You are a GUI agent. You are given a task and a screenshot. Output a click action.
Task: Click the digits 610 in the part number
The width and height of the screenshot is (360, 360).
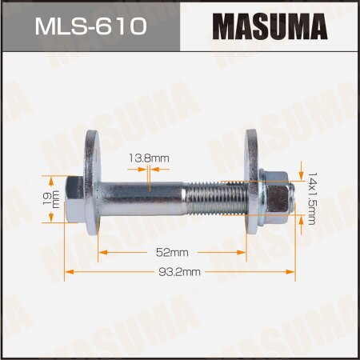click(x=124, y=28)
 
